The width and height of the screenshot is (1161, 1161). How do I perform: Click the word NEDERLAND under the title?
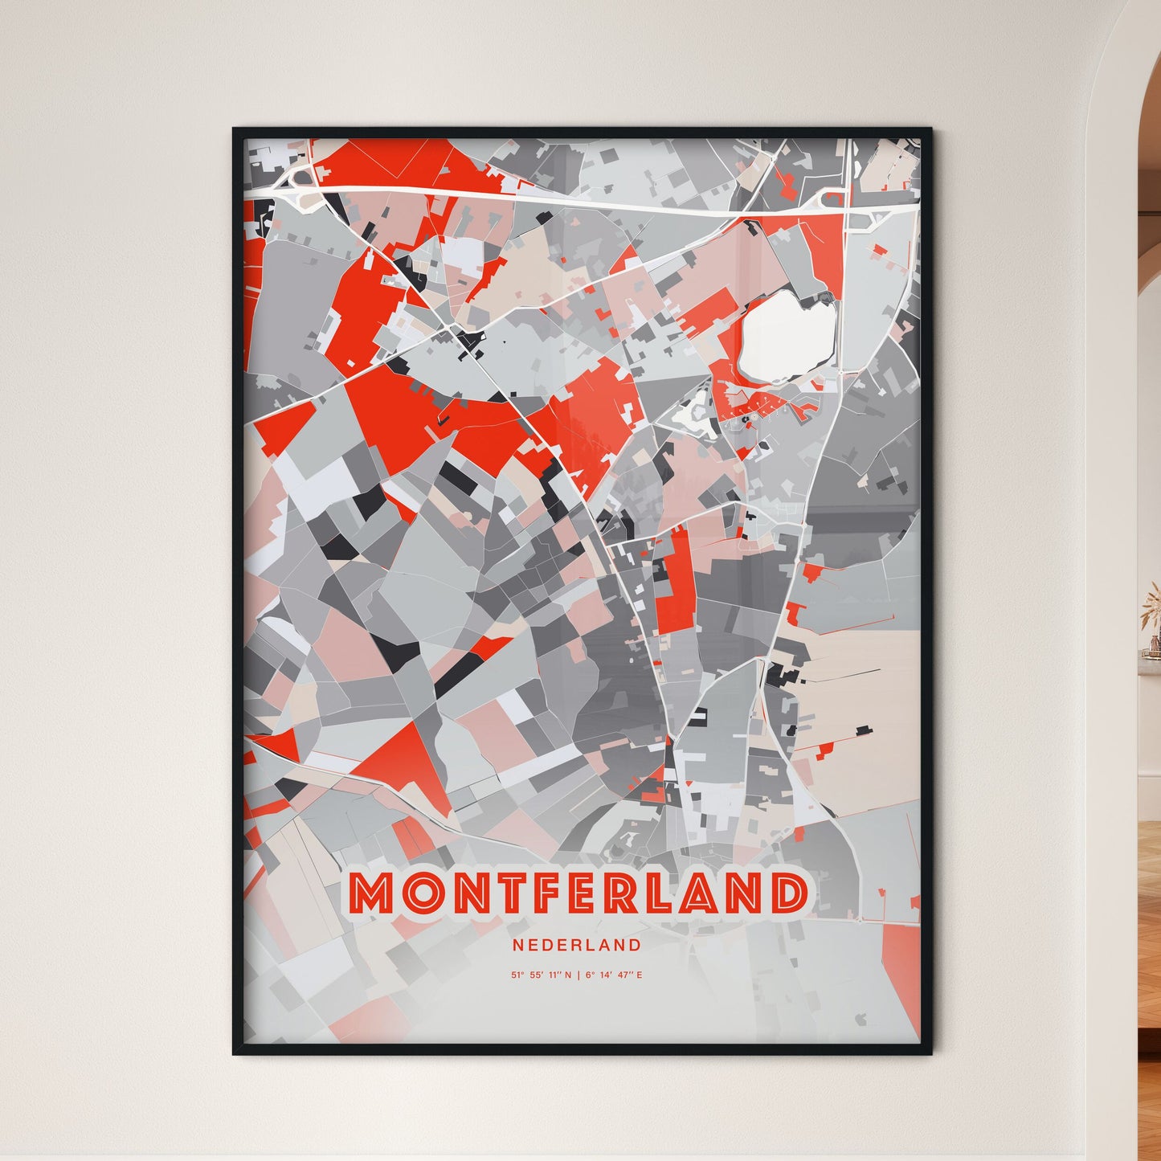pyautogui.click(x=577, y=946)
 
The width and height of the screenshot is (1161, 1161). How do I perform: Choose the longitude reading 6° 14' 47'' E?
pyautogui.click(x=614, y=975)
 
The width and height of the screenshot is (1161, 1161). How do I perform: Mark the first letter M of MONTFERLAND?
pyautogui.click(x=370, y=893)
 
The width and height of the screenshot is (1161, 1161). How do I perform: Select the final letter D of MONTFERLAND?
pyautogui.click(x=787, y=893)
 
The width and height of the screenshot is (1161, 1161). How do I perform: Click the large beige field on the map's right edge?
pyautogui.click(x=860, y=691)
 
